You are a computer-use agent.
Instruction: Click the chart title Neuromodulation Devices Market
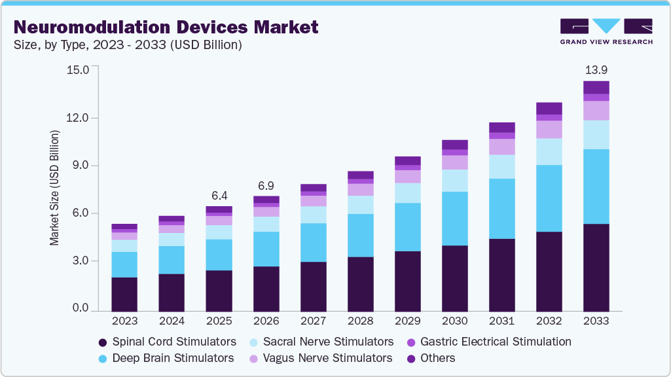coord(166,27)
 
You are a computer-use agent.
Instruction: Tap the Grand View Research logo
coord(606,31)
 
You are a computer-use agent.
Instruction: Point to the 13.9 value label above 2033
coord(596,69)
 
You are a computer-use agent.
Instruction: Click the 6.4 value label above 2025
coord(219,195)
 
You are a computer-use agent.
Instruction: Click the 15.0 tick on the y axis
coord(77,69)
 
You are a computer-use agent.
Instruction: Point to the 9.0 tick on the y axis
coord(81,166)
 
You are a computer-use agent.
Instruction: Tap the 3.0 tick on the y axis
coord(81,261)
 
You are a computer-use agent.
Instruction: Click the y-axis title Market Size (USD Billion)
coord(54,188)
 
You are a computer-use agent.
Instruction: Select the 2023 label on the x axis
coord(124,321)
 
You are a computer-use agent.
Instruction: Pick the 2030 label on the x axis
coord(454,321)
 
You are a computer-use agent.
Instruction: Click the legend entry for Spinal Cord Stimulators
coord(167,342)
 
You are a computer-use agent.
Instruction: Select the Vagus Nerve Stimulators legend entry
coord(321,358)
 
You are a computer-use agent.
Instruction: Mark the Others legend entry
coord(431,358)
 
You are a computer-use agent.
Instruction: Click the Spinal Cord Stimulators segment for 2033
coord(596,267)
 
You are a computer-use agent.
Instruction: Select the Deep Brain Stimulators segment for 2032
coord(549,198)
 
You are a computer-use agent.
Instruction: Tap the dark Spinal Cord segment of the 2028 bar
coord(360,283)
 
